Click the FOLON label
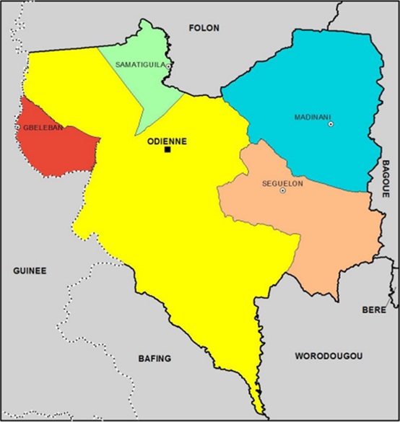tap(204, 28)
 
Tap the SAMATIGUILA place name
tap(140, 65)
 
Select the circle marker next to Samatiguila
tap(168, 66)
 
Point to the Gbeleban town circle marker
tap(17, 128)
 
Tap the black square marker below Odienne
tap(168, 150)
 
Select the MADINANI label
tap(313, 117)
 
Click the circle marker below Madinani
tap(331, 124)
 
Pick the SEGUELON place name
tap(282, 183)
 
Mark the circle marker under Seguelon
tap(282, 190)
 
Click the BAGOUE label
tap(386, 177)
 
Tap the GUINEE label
tap(30, 271)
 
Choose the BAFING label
tap(154, 358)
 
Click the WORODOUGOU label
tap(329, 356)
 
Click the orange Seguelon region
tap(325, 231)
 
